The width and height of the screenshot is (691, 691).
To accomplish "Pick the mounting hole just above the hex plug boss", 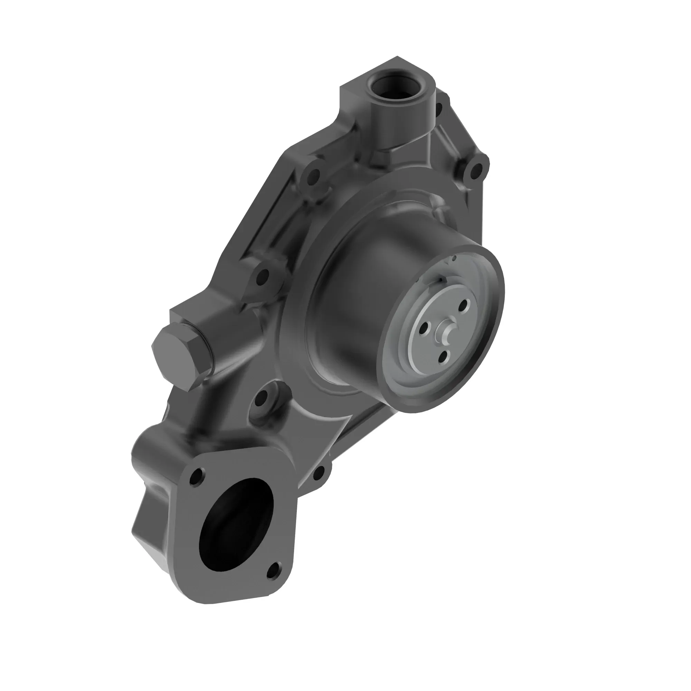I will click(x=263, y=276).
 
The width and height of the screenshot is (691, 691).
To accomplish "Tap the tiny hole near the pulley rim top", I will click(x=455, y=257).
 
